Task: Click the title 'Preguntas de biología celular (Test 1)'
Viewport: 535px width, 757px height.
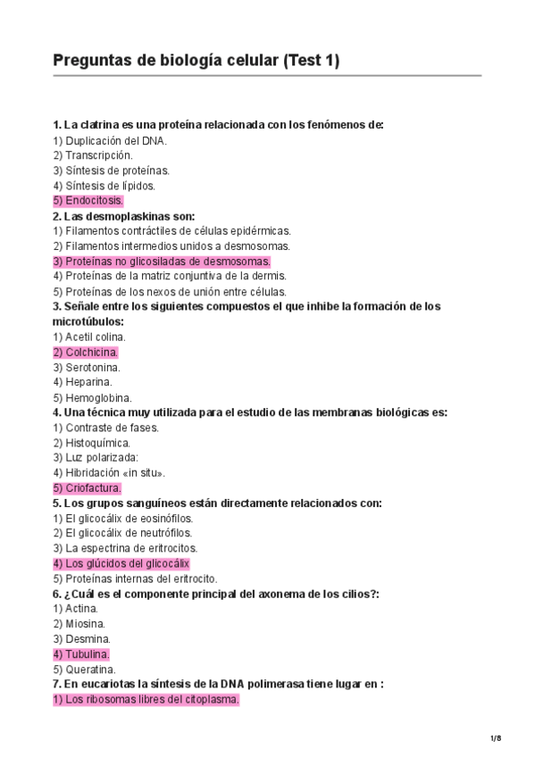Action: click(x=196, y=61)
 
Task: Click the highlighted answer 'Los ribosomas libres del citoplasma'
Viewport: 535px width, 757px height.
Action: click(x=146, y=700)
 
